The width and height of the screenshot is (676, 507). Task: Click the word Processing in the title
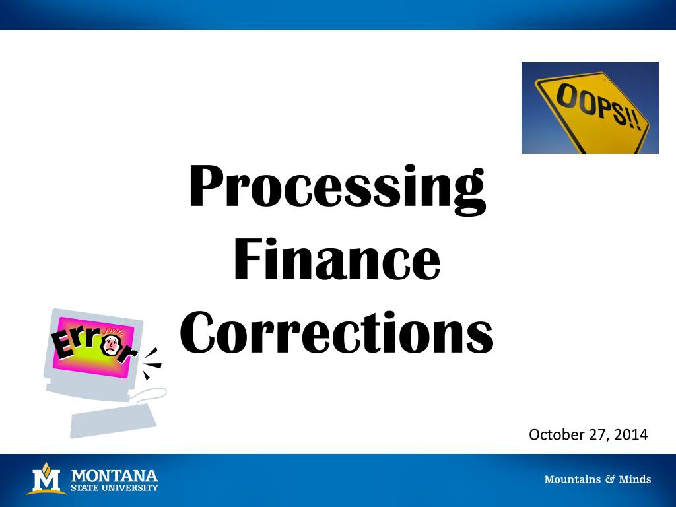pyautogui.click(x=337, y=189)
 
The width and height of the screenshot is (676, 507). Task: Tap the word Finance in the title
pyautogui.click(x=337, y=259)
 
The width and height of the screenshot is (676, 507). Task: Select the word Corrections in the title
pyautogui.click(x=337, y=333)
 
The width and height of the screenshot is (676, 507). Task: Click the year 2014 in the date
pyautogui.click(x=631, y=434)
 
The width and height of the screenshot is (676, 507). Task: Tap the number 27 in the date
pyautogui.click(x=599, y=435)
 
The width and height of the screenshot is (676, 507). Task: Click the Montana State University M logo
pyautogui.click(x=47, y=479)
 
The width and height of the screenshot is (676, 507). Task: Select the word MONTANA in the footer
pyautogui.click(x=115, y=476)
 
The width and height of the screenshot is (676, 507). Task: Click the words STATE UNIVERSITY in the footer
pyautogui.click(x=115, y=488)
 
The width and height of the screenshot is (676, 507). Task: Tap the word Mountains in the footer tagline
pyautogui.click(x=572, y=479)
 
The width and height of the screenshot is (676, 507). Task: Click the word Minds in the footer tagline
pyautogui.click(x=635, y=479)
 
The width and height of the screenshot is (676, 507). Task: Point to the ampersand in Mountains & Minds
pyautogui.click(x=610, y=479)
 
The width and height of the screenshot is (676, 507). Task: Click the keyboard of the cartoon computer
pyautogui.click(x=113, y=420)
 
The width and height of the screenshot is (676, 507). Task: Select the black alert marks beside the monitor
pyautogui.click(x=152, y=364)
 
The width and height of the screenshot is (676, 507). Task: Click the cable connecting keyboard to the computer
pyautogui.click(x=149, y=395)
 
